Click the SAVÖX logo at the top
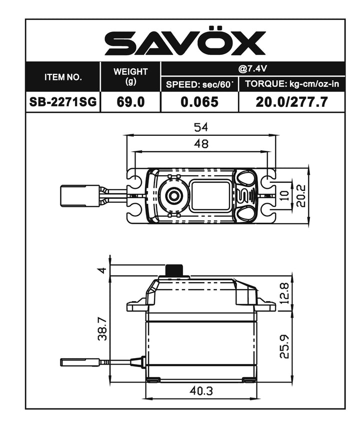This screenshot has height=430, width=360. (185, 43)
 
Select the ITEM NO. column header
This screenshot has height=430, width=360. (63, 77)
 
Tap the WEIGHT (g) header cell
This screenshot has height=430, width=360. (130, 77)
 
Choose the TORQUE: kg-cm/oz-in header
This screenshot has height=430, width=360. (292, 84)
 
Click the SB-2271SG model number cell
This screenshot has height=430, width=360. (63, 102)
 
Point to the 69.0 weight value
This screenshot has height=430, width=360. (130, 102)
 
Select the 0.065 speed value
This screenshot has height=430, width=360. (199, 102)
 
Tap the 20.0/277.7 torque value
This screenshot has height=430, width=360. (292, 102)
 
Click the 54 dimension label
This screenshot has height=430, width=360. (201, 127)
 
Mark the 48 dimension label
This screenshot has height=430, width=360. (201, 144)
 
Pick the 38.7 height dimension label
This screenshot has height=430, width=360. (101, 329)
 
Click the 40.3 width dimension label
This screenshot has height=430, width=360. (201, 391)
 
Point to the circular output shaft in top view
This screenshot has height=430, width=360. (173, 196)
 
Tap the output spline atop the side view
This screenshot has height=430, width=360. (173, 270)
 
